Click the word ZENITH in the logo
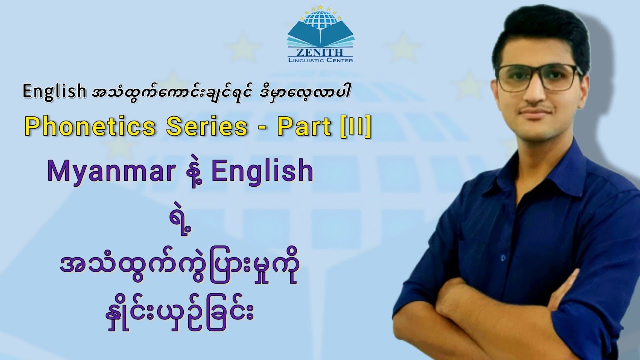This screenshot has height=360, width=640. (320, 52)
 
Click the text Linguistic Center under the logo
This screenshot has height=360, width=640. (320, 60)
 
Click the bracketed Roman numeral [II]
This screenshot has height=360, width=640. (355, 127)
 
